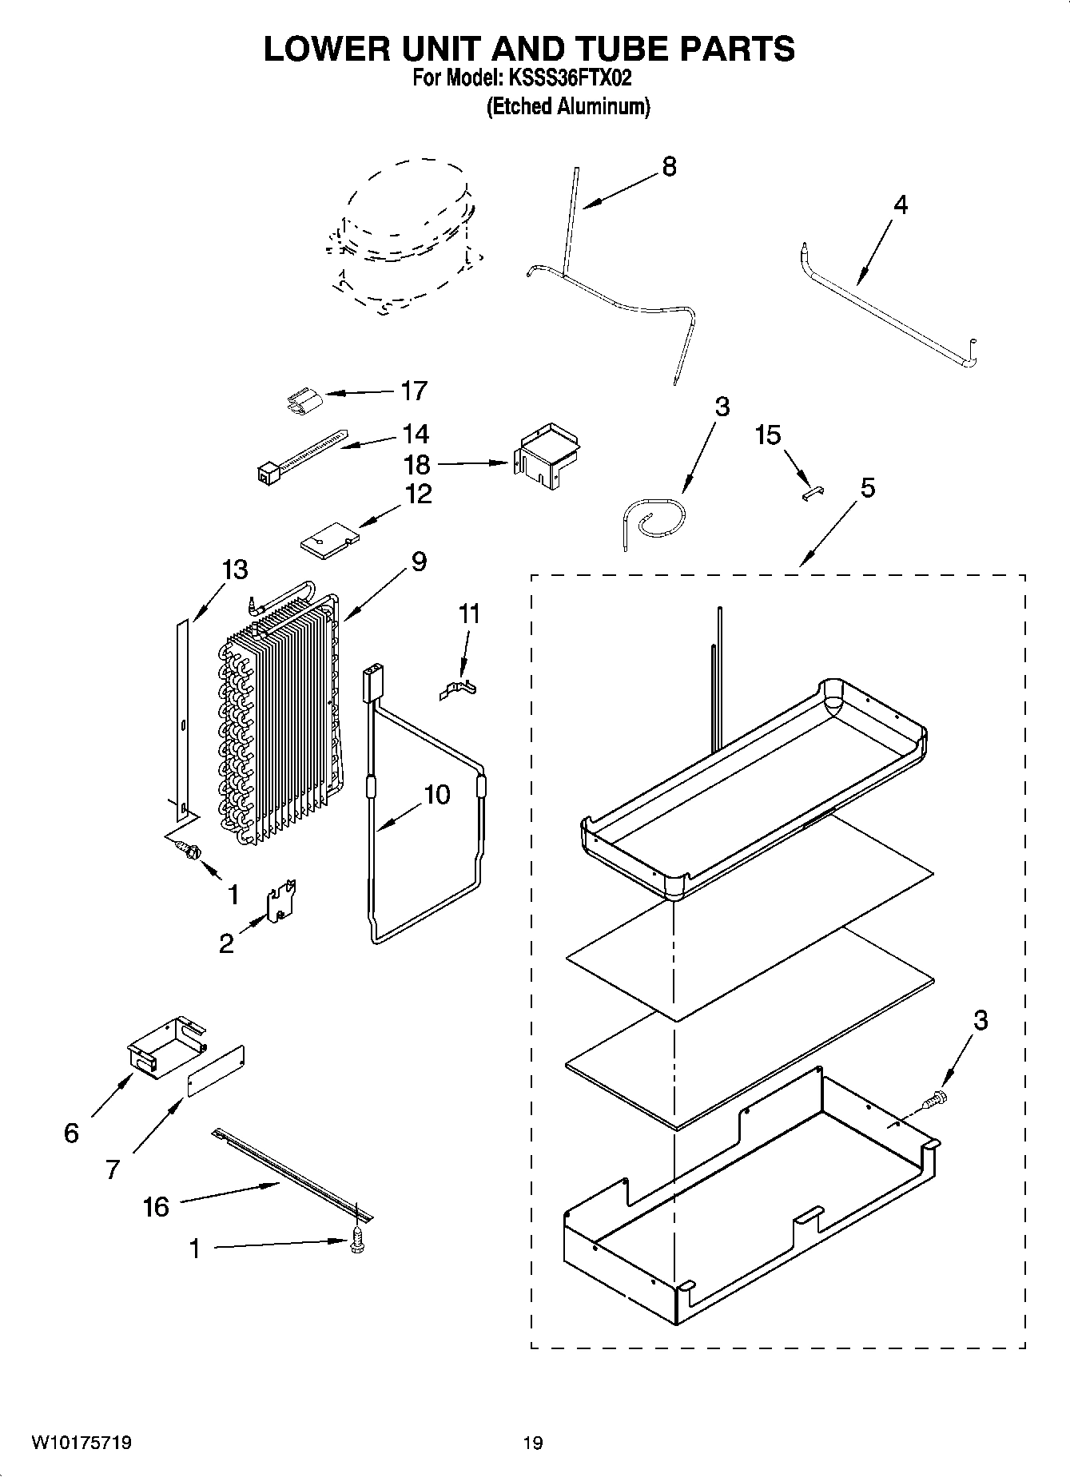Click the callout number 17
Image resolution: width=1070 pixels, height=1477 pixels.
[x=414, y=391]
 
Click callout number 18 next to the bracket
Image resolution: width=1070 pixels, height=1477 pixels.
[x=417, y=464]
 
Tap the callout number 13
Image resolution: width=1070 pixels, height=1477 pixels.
[x=235, y=570]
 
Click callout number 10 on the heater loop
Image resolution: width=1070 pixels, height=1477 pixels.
[x=436, y=794]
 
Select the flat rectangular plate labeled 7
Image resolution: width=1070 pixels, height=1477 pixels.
[x=216, y=1070]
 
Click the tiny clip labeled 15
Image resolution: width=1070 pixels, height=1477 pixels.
[x=813, y=494]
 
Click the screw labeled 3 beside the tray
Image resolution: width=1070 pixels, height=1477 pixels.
[x=936, y=1100]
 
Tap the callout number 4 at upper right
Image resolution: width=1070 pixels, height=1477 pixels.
[x=900, y=205]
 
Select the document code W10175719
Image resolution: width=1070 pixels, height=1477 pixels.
[x=82, y=1443]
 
